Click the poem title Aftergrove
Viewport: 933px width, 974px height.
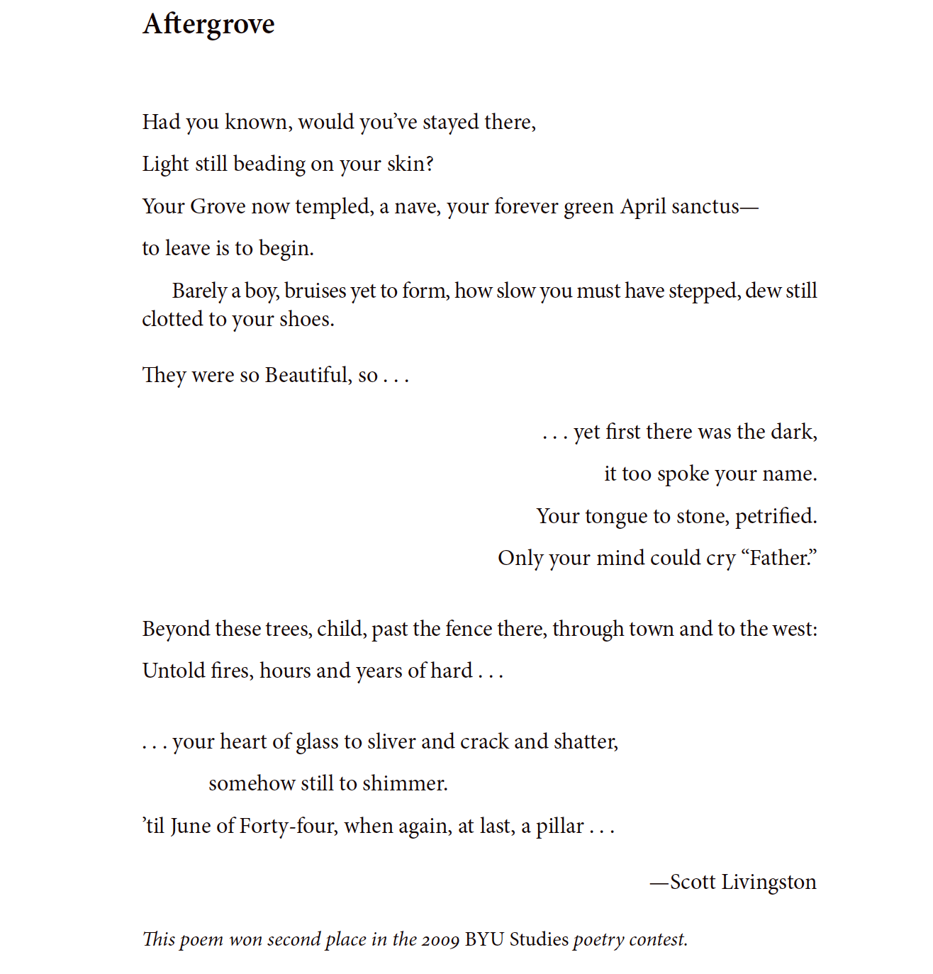[208, 24]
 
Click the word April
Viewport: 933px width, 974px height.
[642, 206]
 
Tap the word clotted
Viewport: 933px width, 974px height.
[172, 319]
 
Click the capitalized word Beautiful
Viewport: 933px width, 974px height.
[308, 375]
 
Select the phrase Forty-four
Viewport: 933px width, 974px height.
[287, 826]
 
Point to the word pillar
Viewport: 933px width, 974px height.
[559, 826]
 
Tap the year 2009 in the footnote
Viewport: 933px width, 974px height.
[440, 940]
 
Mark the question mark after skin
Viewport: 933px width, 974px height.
[429, 164]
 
